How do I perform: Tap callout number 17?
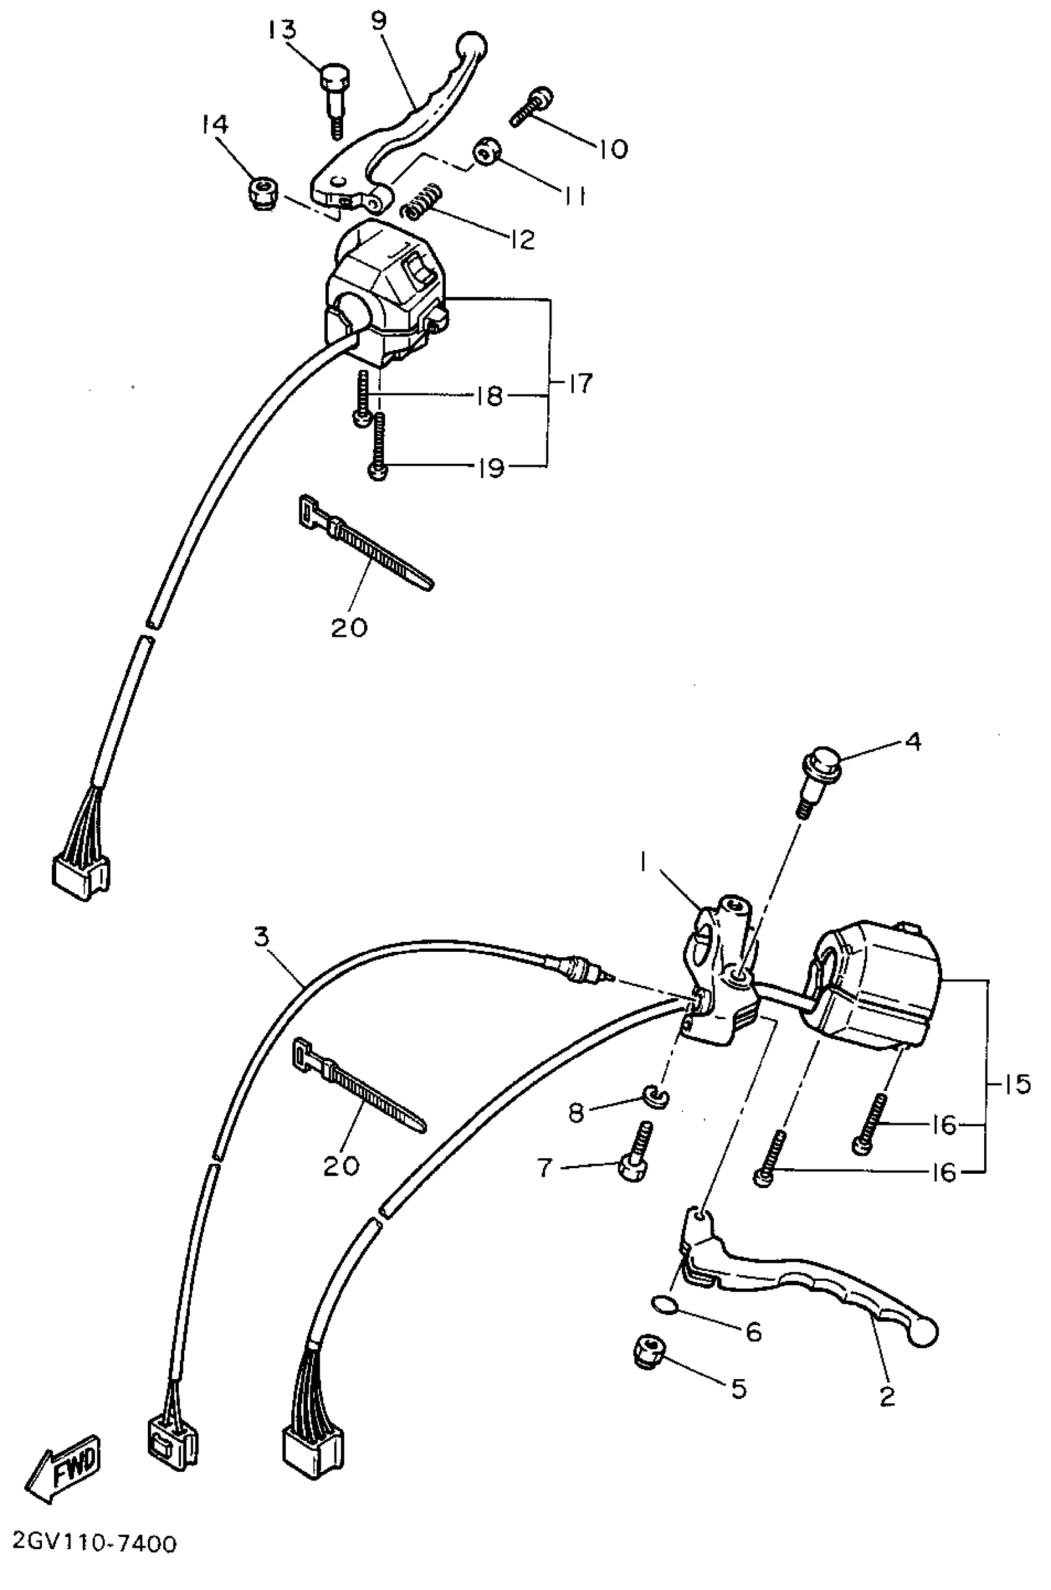click(x=580, y=384)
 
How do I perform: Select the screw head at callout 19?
click(x=377, y=471)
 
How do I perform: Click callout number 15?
click(x=1017, y=1085)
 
